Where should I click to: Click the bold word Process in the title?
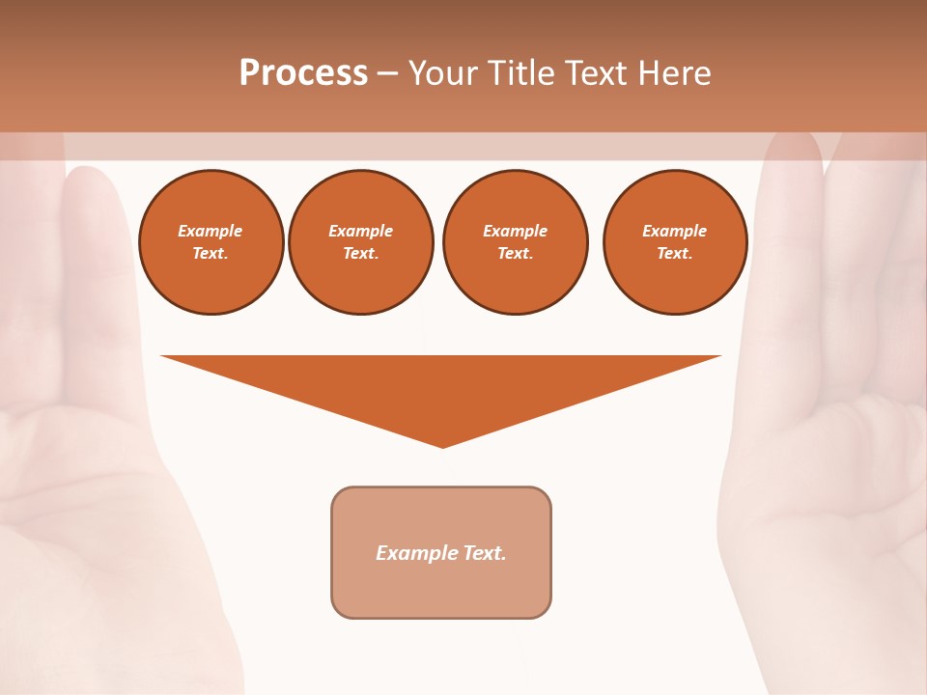pos(303,73)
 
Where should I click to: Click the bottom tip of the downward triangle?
pos(443,446)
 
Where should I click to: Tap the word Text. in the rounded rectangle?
pos(485,553)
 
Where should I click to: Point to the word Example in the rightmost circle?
pos(675,231)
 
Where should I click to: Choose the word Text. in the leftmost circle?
pos(211,253)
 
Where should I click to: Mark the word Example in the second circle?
pos(360,231)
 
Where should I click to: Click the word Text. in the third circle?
pos(515,253)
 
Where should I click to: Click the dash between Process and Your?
pos(387,73)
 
